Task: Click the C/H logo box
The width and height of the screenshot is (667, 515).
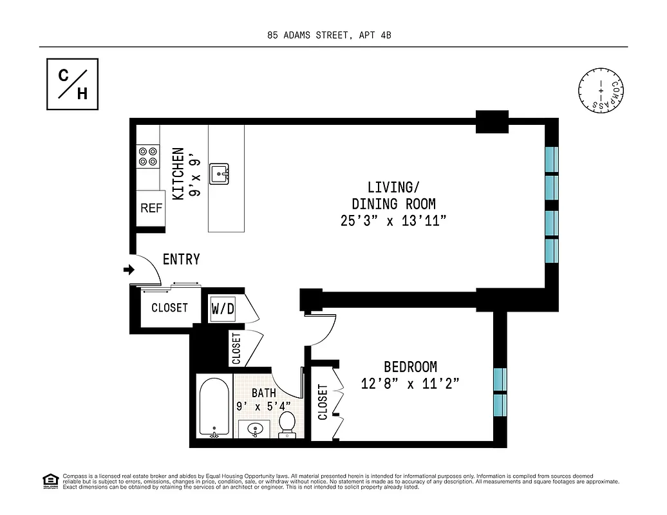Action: click(72, 84)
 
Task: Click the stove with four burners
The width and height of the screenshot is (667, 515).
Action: click(147, 157)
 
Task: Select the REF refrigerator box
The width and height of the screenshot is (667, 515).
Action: click(151, 209)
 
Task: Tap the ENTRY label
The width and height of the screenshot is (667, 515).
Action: click(181, 259)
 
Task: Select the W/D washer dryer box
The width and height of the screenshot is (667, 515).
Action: click(223, 309)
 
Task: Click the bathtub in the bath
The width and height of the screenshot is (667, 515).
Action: click(213, 408)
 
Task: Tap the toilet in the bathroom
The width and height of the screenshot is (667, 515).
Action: click(287, 426)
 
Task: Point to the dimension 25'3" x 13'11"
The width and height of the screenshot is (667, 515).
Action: click(393, 221)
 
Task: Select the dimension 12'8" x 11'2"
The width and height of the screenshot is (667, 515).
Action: click(410, 384)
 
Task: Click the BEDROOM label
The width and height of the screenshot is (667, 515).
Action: click(410, 367)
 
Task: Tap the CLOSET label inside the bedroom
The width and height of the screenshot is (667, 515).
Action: click(323, 402)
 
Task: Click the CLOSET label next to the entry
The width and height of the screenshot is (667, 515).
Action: click(169, 308)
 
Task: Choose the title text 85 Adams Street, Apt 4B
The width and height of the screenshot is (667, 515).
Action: click(329, 35)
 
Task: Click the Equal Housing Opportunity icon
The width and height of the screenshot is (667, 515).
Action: click(49, 480)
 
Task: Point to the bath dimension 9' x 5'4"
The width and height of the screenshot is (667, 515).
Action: click(263, 406)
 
